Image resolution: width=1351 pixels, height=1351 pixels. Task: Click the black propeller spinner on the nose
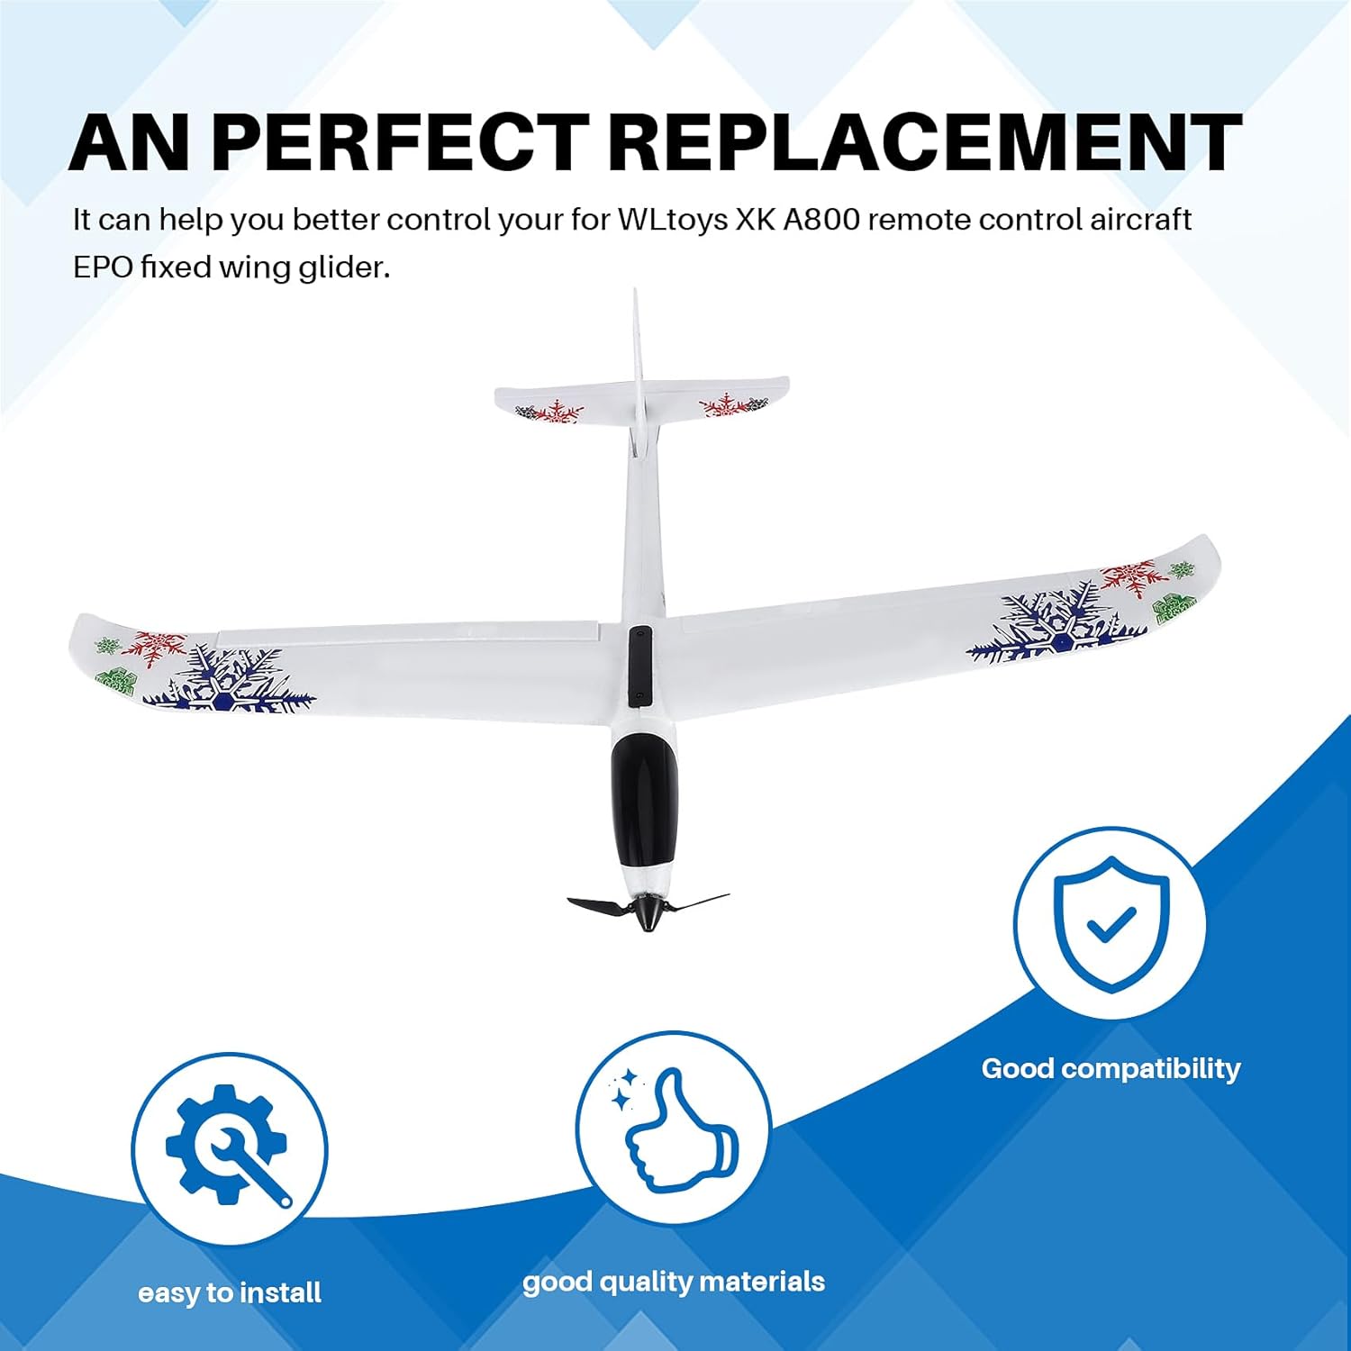pyautogui.click(x=647, y=911)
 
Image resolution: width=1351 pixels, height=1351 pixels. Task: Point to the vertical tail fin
pyautogui.click(x=639, y=360)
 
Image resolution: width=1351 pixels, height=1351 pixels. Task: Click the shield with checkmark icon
pyautogui.click(x=1111, y=924)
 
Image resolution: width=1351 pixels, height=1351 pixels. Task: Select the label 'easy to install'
pyautogui.click(x=230, y=1293)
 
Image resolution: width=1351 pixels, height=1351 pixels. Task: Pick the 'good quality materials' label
pyautogui.click(x=674, y=1282)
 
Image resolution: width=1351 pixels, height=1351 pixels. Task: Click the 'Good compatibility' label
pyautogui.click(x=1111, y=1069)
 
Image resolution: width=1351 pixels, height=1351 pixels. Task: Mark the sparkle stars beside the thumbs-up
pyautogui.click(x=623, y=1090)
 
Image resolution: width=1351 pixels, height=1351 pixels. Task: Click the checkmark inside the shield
pyautogui.click(x=1111, y=924)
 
